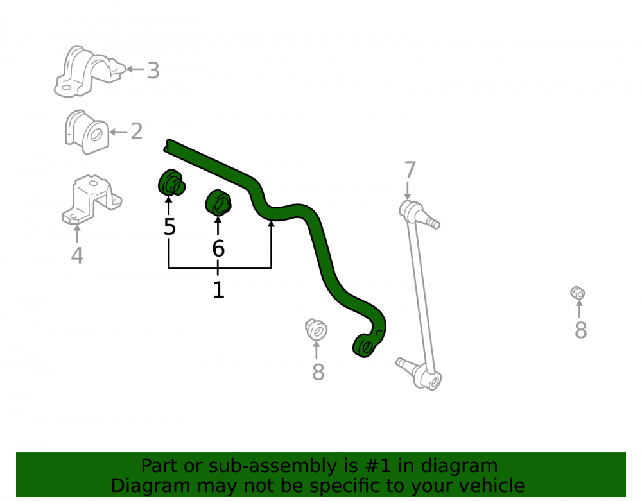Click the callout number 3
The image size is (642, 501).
point(153,71)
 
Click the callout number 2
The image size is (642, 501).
point(136,132)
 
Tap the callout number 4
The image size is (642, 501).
point(77,255)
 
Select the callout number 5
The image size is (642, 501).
point(169,227)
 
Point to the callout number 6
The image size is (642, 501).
point(218,249)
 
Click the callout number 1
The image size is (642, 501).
point(218,289)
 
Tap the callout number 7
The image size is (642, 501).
point(410,170)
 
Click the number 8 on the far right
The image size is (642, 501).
point(580,330)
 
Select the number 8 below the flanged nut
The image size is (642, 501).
point(318,372)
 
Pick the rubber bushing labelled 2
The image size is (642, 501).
point(87,132)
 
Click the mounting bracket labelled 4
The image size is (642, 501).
point(92,200)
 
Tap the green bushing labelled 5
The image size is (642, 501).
point(171,183)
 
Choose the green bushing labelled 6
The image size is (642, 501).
point(218,203)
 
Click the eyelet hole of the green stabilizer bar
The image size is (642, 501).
point(367,348)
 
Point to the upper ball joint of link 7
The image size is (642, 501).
point(418,214)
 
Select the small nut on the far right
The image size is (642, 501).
point(577,293)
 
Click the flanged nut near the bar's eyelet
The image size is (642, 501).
point(316,330)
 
